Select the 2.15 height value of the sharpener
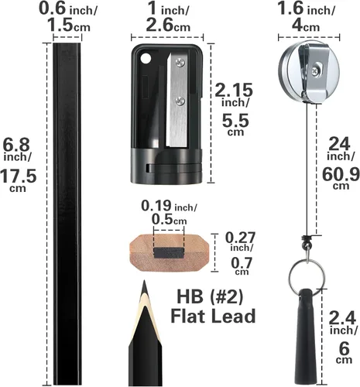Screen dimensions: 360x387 pos(234,90)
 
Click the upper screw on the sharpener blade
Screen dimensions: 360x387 pos(180,62)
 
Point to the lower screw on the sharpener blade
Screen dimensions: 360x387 pos(180,100)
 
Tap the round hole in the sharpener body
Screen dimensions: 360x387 pos(146,58)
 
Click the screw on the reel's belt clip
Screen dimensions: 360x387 pos(315,70)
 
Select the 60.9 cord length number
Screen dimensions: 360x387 pos(341,175)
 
